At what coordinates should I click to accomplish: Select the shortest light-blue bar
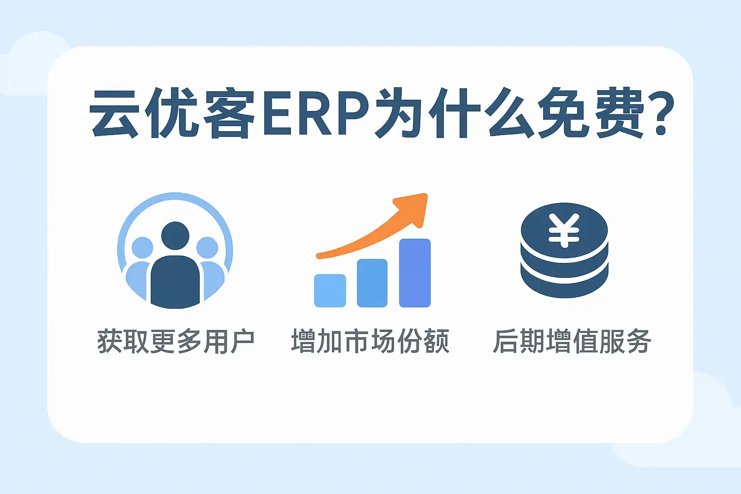330,290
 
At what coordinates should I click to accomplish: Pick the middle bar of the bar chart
372,283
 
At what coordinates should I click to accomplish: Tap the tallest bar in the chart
415,273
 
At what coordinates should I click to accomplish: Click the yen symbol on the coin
564,230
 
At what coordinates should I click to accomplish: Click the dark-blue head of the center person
175,235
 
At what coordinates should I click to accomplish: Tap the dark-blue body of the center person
175,282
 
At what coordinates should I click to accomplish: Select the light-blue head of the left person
143,247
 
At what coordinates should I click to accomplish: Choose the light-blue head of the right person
207,247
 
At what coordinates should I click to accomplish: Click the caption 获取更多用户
176,341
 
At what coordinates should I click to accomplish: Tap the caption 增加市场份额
370,341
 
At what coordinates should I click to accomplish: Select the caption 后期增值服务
572,341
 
